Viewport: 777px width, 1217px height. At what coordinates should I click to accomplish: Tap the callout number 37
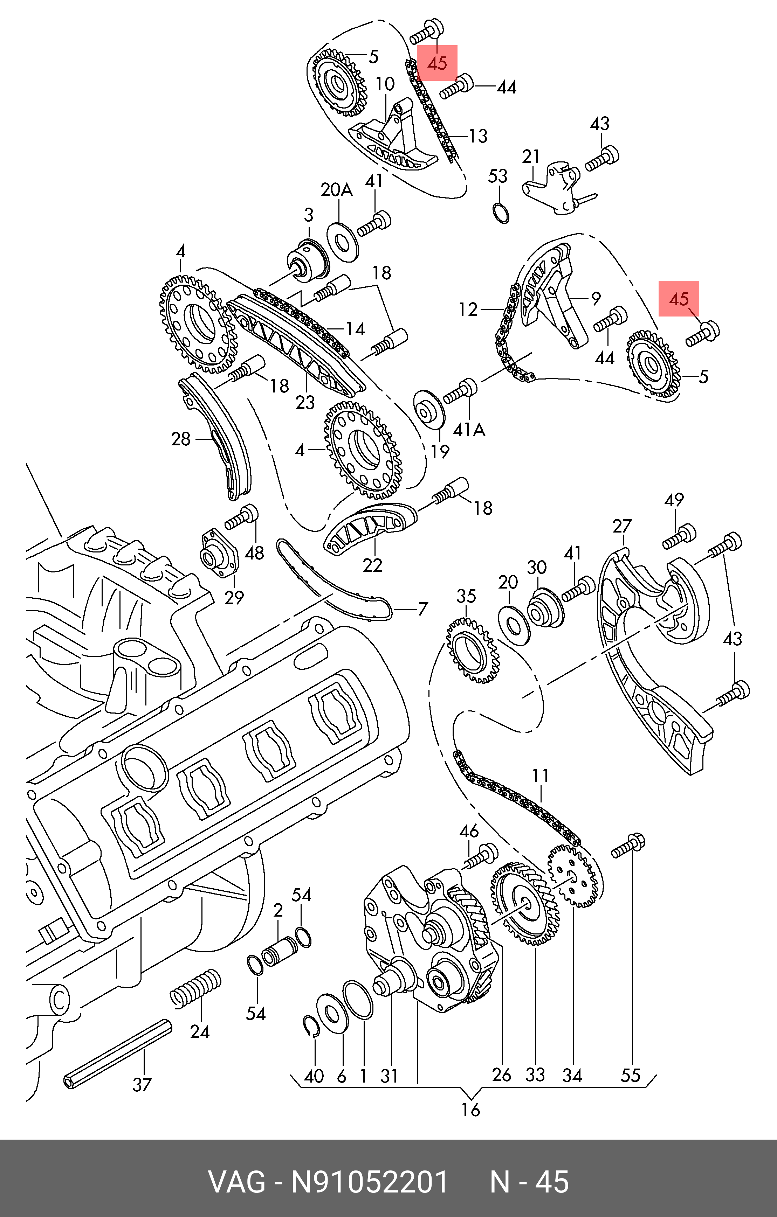pyautogui.click(x=142, y=1085)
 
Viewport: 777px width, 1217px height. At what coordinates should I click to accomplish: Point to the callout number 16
pyautogui.click(x=470, y=1110)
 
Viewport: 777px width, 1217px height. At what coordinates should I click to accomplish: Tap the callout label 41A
pyautogui.click(x=469, y=430)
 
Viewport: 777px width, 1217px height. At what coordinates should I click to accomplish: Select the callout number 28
pyautogui.click(x=181, y=439)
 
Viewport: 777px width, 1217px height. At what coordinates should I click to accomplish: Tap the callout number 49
pyautogui.click(x=674, y=500)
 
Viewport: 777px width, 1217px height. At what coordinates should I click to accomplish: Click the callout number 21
pyautogui.click(x=531, y=157)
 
